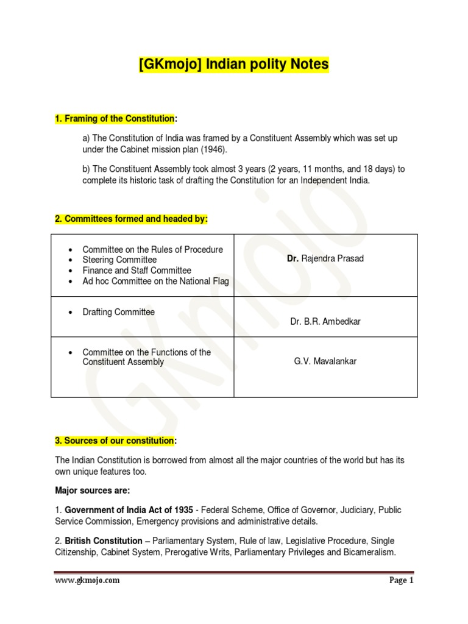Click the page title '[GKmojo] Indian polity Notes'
click(233, 64)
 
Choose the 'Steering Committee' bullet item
click(119, 260)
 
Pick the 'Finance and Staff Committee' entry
click(136, 270)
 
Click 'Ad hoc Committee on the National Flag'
click(155, 281)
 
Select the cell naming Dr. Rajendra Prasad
click(325, 258)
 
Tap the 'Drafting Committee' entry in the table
click(118, 312)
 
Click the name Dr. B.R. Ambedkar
click(325, 321)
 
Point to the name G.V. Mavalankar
click(325, 361)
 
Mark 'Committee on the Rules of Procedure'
click(152, 249)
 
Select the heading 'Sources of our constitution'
click(119, 441)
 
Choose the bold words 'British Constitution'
click(107, 541)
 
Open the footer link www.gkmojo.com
click(87, 581)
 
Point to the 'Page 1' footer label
click(402, 581)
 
